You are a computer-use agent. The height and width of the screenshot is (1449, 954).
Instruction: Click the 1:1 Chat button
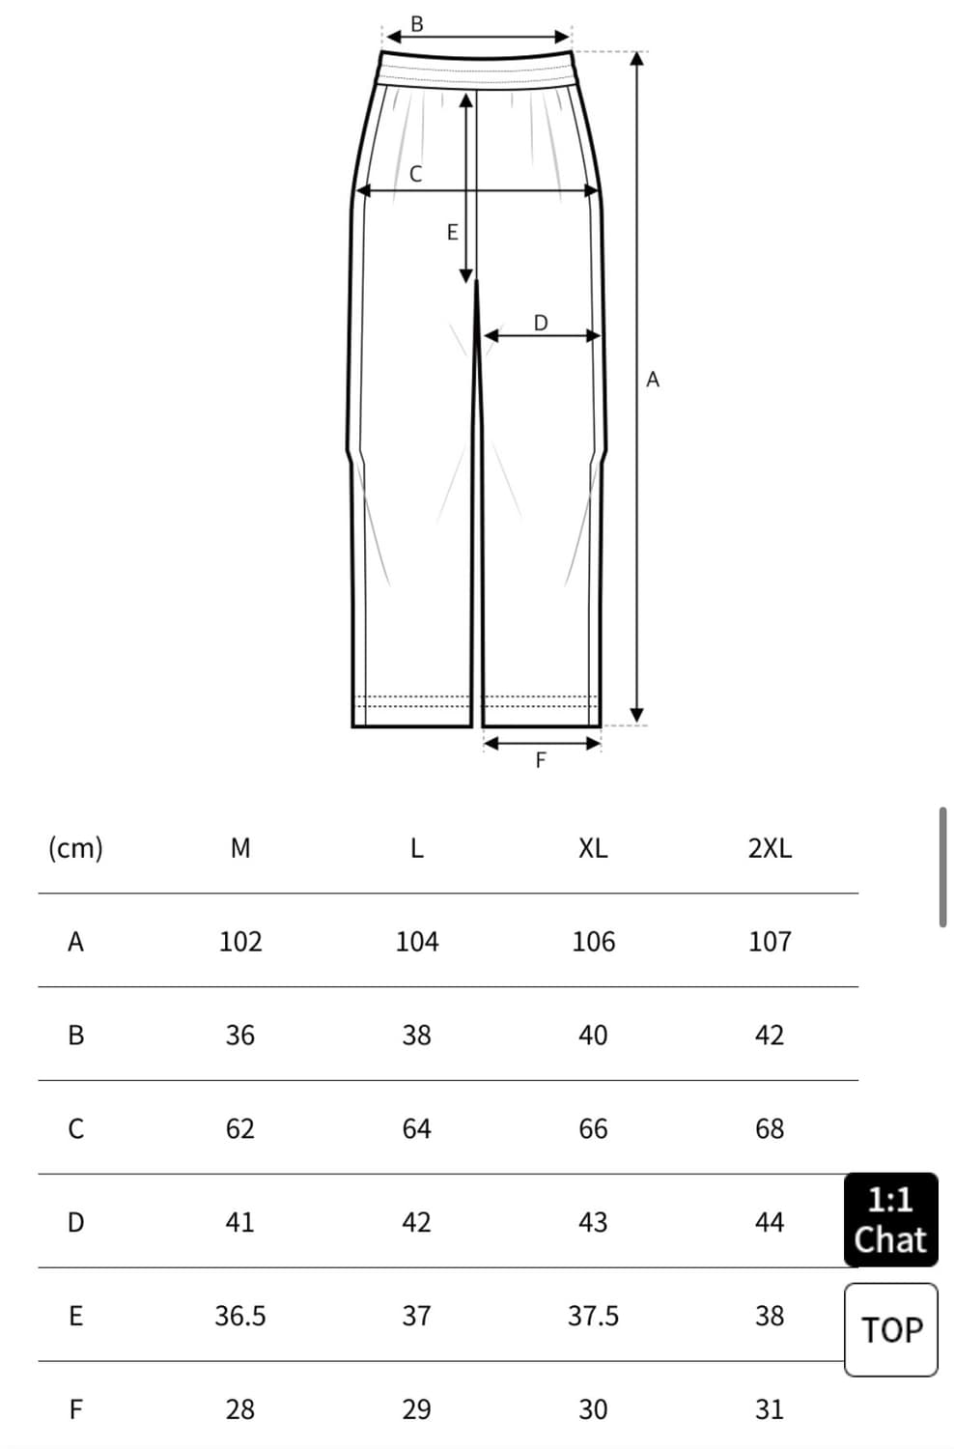890,1220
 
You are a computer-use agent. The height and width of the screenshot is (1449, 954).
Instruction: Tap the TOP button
891,1330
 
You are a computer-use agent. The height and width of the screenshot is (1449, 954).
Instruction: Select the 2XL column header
770,848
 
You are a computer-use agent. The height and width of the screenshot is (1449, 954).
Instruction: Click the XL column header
593,848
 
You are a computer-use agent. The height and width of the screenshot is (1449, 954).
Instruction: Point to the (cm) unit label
75,848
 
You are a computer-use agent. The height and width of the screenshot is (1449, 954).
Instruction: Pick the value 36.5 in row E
240,1316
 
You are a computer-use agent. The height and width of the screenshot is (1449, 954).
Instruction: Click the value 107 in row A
770,942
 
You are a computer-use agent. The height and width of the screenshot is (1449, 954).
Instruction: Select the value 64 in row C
416,1129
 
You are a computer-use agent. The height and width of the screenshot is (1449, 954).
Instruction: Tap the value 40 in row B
593,1035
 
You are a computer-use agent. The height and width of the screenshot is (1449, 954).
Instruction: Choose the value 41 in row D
240,1222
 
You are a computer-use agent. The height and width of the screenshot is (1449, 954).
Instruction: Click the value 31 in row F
770,1409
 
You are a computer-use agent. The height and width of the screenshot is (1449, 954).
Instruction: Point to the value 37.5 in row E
593,1316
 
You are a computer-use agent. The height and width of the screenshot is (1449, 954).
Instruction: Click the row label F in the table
75,1409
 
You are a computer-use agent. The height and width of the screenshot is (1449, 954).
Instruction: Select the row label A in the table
75,942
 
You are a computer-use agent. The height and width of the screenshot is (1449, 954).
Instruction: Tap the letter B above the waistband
417,24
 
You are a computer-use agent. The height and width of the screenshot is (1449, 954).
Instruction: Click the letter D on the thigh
541,322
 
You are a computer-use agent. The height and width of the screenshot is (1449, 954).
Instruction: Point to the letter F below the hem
541,760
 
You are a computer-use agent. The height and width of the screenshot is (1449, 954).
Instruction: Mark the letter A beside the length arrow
653,379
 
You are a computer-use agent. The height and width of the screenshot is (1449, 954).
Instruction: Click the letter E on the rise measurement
453,232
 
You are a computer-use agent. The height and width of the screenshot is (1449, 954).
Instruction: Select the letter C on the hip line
416,173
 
